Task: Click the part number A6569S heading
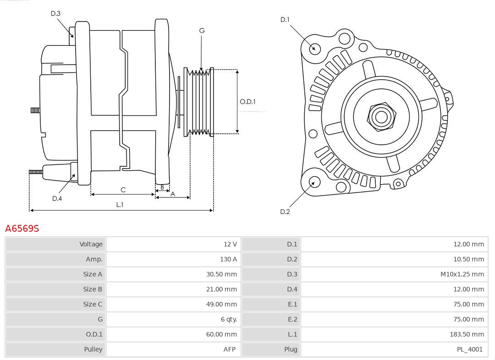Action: (22, 228)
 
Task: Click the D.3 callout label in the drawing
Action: (55, 13)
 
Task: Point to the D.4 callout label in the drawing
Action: (57, 198)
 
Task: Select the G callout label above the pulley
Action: (202, 31)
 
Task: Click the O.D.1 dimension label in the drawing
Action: (247, 102)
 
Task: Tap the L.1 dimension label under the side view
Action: (120, 205)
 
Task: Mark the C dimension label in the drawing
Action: (123, 190)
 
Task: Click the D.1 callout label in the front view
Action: (285, 20)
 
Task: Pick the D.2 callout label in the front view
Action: (285, 212)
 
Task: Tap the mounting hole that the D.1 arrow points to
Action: (315, 48)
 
